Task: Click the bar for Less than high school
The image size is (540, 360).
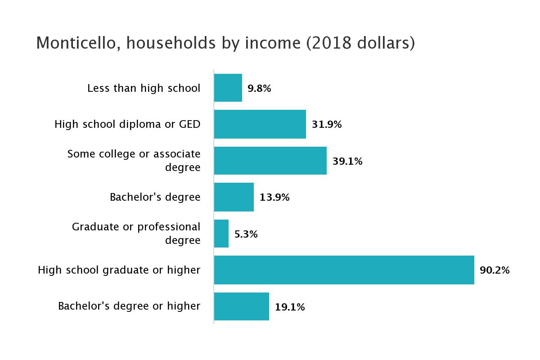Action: [x=228, y=88]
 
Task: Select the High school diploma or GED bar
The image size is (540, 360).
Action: [x=260, y=124]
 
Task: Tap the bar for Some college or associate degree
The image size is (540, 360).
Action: [x=270, y=161]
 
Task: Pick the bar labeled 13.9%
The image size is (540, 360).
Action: [x=234, y=197]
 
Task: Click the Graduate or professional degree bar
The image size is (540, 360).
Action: [x=221, y=234]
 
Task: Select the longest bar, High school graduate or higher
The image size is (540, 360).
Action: [x=344, y=270]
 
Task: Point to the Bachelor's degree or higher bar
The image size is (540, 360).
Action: [x=242, y=306]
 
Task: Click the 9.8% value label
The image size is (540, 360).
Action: [x=259, y=88]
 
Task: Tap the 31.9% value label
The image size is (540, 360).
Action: [x=327, y=125]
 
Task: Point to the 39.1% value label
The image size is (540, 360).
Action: [x=347, y=161]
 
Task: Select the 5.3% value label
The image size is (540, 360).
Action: [x=246, y=234]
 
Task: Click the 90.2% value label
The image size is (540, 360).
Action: [x=495, y=270]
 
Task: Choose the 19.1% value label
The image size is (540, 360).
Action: [x=290, y=307]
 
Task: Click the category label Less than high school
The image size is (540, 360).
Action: [x=144, y=88]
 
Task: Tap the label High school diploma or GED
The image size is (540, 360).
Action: [x=127, y=124]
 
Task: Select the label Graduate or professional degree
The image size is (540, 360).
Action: [x=136, y=234]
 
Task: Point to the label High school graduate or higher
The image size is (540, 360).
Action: [x=119, y=270]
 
